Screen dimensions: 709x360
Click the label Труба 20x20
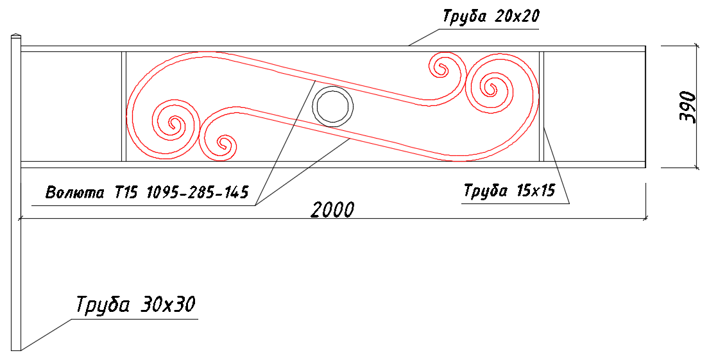tap(491, 17)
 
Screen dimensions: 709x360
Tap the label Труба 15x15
tap(509, 191)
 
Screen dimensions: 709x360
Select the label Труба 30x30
tap(135, 305)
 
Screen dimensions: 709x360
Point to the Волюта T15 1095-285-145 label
tap(148, 193)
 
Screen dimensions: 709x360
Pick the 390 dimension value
tap(687, 107)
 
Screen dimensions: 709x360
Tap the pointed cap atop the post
tap(16, 35)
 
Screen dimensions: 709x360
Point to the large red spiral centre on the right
tap(490, 86)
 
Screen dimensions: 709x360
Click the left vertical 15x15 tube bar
tap(124, 107)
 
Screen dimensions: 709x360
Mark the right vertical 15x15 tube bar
tap(542, 107)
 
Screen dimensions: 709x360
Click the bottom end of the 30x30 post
tap(16, 350)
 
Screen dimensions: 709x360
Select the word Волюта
tap(75, 193)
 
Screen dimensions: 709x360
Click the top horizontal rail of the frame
tap(333, 49)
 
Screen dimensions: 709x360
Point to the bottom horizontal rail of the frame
tap(333, 164)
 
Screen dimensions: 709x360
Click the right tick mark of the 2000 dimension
tap(645, 219)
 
